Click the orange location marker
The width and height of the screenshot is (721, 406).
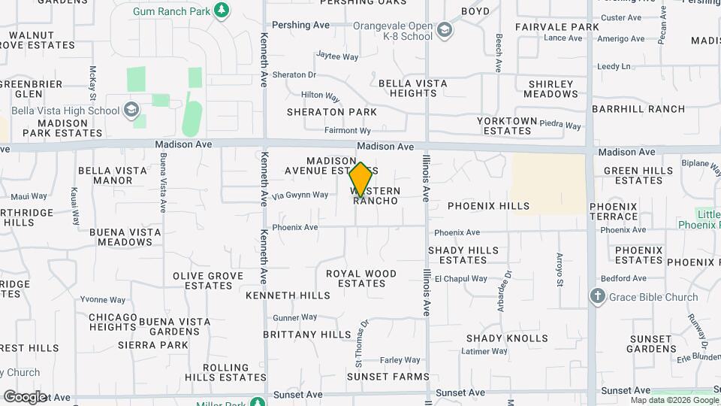click(x=360, y=180)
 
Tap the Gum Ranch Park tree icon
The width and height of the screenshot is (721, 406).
click(x=221, y=10)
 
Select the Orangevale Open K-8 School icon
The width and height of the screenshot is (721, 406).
click(x=445, y=30)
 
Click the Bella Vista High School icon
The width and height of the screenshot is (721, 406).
click(x=133, y=111)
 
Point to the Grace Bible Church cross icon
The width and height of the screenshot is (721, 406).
click(x=598, y=296)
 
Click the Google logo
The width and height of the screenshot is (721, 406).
click(x=24, y=396)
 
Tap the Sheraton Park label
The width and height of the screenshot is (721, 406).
click(x=331, y=112)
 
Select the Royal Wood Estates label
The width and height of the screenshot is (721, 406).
click(x=361, y=278)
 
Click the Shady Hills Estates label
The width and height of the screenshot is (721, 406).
click(x=463, y=255)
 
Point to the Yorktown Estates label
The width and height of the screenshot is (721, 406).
click(x=508, y=126)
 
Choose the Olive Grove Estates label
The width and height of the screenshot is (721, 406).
click(x=208, y=280)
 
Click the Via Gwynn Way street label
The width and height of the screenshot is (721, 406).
click(x=300, y=195)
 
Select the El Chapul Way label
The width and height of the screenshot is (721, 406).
click(x=461, y=278)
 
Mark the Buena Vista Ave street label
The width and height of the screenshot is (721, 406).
click(x=163, y=183)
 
